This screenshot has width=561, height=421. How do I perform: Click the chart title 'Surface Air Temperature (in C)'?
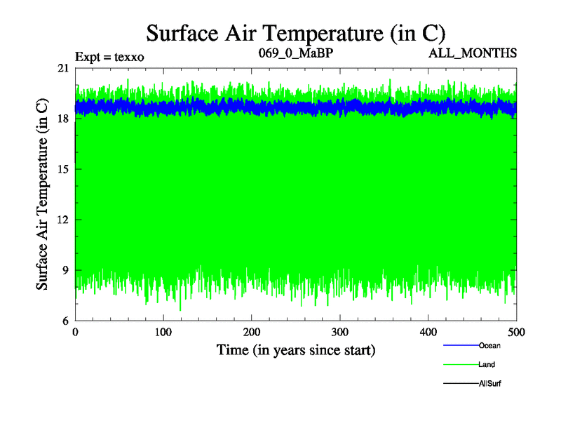point(295,33)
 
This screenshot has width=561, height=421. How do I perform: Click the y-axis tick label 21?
point(63,68)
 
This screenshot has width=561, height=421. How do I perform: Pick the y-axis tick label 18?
point(63,119)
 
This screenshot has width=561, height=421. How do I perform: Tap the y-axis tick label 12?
point(63,220)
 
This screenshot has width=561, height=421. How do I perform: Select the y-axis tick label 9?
point(65,270)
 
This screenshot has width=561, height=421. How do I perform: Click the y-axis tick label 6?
point(65,321)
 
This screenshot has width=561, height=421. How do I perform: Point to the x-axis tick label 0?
point(75,333)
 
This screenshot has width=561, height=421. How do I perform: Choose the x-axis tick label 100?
point(163,333)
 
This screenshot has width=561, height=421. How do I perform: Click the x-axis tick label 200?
point(252,333)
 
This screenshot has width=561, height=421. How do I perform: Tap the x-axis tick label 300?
point(340,333)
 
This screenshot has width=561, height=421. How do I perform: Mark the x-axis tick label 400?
point(428,333)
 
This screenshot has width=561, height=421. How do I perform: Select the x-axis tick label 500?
point(516,333)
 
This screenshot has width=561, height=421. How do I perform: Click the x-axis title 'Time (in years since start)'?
point(295,349)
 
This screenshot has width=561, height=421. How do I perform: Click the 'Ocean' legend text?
point(489,345)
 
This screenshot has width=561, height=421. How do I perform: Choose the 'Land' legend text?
point(487,364)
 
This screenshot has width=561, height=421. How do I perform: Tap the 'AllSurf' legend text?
point(489,384)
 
